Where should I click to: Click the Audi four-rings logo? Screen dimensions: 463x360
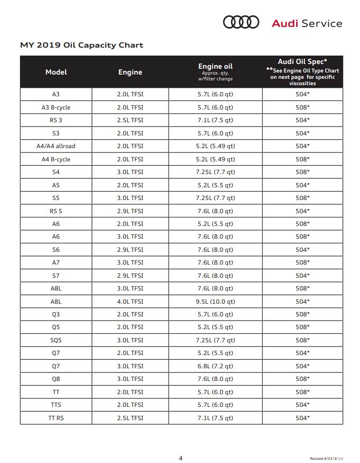[241, 22]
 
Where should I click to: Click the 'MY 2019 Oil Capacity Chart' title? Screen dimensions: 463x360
[81, 45]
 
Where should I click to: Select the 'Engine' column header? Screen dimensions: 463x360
[130, 72]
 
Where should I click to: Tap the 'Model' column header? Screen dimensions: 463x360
[56, 72]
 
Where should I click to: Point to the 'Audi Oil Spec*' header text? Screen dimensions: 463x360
[302, 61]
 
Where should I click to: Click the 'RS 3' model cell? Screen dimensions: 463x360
[56, 120]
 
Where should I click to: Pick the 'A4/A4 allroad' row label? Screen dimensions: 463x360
[56, 146]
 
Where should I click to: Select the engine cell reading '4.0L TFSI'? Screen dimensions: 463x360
[130, 302]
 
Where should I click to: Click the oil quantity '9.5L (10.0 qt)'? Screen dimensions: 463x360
[215, 302]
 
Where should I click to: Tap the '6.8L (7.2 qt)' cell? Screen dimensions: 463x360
[215, 366]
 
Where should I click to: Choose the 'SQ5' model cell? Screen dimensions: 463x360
[56, 340]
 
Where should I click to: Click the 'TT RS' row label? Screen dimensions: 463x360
[56, 418]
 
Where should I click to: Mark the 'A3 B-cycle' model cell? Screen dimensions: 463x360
[56, 107]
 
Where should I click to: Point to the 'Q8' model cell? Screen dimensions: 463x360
[56, 379]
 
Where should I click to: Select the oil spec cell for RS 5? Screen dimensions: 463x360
[302, 211]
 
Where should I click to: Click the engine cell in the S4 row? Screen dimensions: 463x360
[130, 172]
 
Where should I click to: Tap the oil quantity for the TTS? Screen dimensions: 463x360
[215, 405]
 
